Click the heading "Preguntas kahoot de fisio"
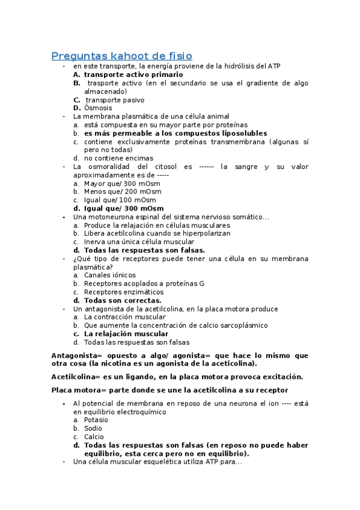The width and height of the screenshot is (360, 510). pyautogui.click(x=122, y=56)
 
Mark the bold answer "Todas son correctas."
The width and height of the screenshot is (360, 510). pyautogui.click(x=123, y=300)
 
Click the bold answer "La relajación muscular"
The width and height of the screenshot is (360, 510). pyautogui.click(x=126, y=333)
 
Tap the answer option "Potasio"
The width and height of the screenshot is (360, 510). pyautogui.click(x=96, y=420)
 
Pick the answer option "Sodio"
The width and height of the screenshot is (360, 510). pyautogui.click(x=94, y=428)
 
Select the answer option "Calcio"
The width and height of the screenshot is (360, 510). pyautogui.click(x=94, y=437)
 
